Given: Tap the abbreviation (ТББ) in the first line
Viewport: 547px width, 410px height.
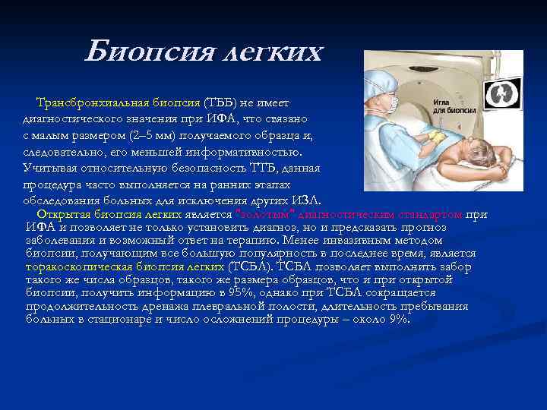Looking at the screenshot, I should click(224, 103).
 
